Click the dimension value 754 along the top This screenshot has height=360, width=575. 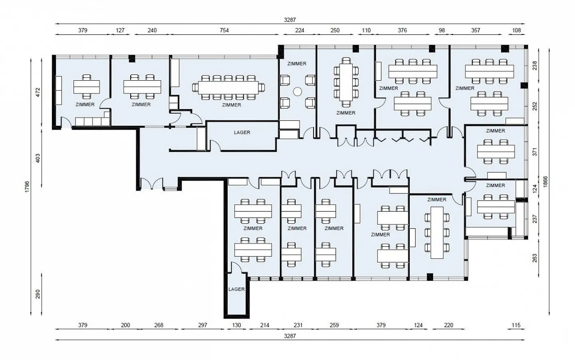[224, 30]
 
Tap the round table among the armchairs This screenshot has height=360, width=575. [297, 91]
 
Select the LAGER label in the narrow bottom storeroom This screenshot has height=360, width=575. [236, 289]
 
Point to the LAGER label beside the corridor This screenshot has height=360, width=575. [242, 133]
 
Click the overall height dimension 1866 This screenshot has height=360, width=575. [545, 181]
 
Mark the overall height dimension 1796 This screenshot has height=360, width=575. [27, 187]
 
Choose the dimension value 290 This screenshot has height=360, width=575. [38, 294]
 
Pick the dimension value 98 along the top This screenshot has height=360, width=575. [442, 30]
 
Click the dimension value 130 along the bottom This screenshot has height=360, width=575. [236, 325]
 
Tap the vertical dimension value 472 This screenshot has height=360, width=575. [38, 92]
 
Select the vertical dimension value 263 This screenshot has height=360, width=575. [535, 259]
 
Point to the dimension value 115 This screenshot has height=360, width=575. [516, 325]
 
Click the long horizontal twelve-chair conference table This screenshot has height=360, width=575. [228, 88]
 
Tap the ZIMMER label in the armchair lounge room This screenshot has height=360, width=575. [297, 64]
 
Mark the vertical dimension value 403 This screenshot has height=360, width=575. [38, 158]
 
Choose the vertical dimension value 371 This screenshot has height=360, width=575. [535, 151]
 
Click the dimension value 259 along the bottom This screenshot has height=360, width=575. [334, 325]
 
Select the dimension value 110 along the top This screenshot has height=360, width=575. [366, 30]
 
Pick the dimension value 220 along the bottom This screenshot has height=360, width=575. [448, 325]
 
